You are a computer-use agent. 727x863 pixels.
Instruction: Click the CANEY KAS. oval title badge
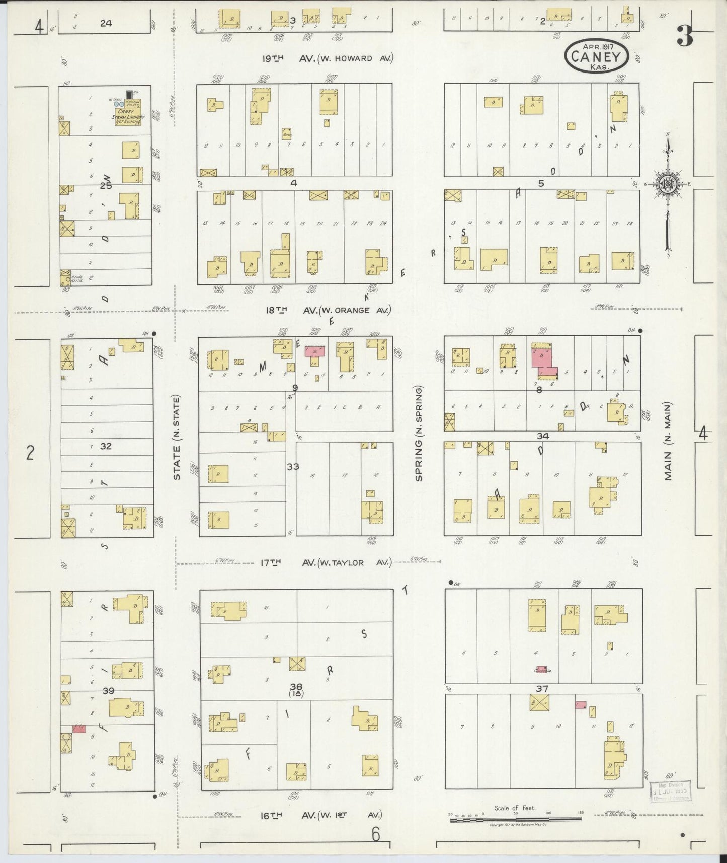pos(597,55)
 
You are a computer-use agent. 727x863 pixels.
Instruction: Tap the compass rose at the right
pos(667,184)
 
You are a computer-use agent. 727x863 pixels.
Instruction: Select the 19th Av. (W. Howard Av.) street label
pos(327,58)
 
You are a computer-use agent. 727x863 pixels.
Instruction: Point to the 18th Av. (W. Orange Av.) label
pos(328,310)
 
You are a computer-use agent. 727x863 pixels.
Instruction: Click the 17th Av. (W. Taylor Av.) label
pos(325,562)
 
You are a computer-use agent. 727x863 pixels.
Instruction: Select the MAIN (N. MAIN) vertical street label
pos(668,441)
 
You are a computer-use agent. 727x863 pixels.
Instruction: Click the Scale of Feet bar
pos(515,820)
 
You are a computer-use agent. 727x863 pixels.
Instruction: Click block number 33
pos(293,467)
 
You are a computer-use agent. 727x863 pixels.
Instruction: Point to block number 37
pos(542,689)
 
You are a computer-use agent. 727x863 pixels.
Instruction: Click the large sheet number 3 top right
pos(685,35)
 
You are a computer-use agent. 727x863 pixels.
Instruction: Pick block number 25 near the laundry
pos(106,185)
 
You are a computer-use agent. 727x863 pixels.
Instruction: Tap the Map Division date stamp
pos(671,792)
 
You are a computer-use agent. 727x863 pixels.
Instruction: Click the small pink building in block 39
pos(79,729)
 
